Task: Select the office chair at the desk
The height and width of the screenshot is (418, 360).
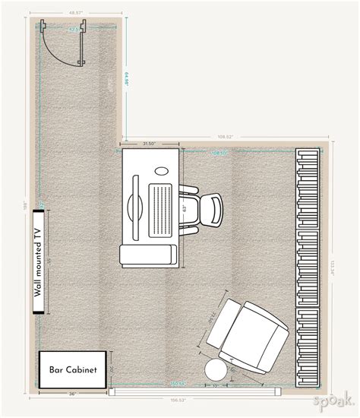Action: [x=205, y=211]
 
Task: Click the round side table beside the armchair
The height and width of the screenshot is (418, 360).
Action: [x=216, y=371]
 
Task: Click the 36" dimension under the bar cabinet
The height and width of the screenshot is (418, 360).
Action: [x=72, y=394]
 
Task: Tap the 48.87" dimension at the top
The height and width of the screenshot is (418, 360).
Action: [x=74, y=14]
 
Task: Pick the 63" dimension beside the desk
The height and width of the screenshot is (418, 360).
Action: [x=185, y=207]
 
